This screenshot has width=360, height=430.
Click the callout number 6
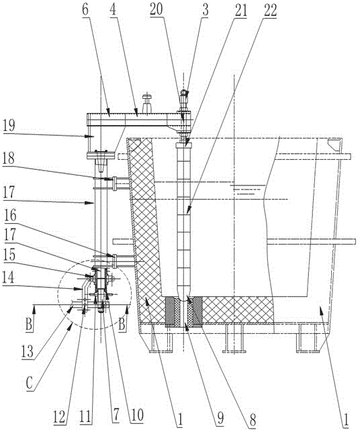pyautogui.click(x=85, y=9)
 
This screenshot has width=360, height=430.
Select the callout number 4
pyautogui.click(x=113, y=9)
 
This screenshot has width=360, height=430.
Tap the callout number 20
pyautogui.click(x=156, y=9)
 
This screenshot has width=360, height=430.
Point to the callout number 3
pyautogui.click(x=206, y=9)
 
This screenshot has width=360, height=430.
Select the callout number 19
pyautogui.click(x=9, y=126)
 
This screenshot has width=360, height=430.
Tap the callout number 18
pyautogui.click(x=9, y=159)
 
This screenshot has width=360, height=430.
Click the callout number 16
pyautogui.click(x=10, y=216)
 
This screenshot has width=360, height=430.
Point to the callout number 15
pyautogui.click(x=9, y=255)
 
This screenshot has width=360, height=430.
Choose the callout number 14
pyautogui.click(x=9, y=277)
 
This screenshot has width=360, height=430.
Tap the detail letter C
pyautogui.click(x=30, y=382)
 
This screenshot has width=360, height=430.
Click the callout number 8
pyautogui.click(x=253, y=419)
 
